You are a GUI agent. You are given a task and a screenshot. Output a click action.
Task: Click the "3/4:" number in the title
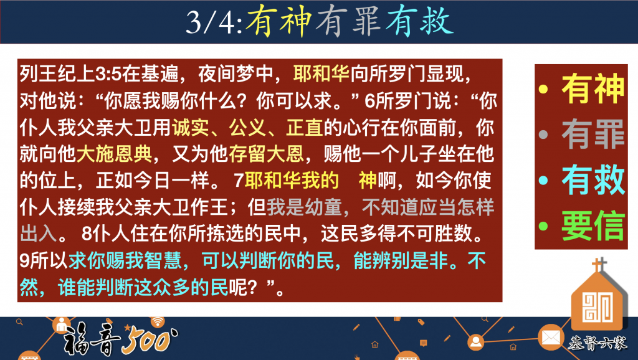pyautogui.click(x=215, y=22)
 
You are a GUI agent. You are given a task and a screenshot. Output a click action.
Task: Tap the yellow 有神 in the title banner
pyautogui.click(x=279, y=22)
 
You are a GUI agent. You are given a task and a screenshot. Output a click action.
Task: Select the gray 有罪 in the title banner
pyautogui.click(x=348, y=22)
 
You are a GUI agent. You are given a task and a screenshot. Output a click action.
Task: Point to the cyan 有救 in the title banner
pyautogui.click(x=419, y=22)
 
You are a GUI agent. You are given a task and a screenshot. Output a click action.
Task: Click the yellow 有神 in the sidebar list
pyautogui.click(x=593, y=88)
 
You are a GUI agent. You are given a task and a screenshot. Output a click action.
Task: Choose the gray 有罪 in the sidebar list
pyautogui.click(x=593, y=134)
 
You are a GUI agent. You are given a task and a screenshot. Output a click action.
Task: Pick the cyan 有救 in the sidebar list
pyautogui.click(x=593, y=179)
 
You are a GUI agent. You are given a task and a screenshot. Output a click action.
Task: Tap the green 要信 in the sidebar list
pyautogui.click(x=593, y=225)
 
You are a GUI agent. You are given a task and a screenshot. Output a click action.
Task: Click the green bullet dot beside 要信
pyautogui.click(x=543, y=226)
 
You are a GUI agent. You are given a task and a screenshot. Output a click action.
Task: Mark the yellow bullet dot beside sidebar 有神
pyautogui.click(x=543, y=89)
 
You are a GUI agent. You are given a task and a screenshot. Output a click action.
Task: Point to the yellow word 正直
pyautogui.click(x=305, y=128)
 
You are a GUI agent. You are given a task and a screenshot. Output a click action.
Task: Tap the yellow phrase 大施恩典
pyautogui.click(x=114, y=154)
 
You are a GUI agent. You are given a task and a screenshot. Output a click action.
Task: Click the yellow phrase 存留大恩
pyautogui.click(x=266, y=154)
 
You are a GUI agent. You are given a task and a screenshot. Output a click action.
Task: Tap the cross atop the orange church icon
pyautogui.click(x=599, y=265)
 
